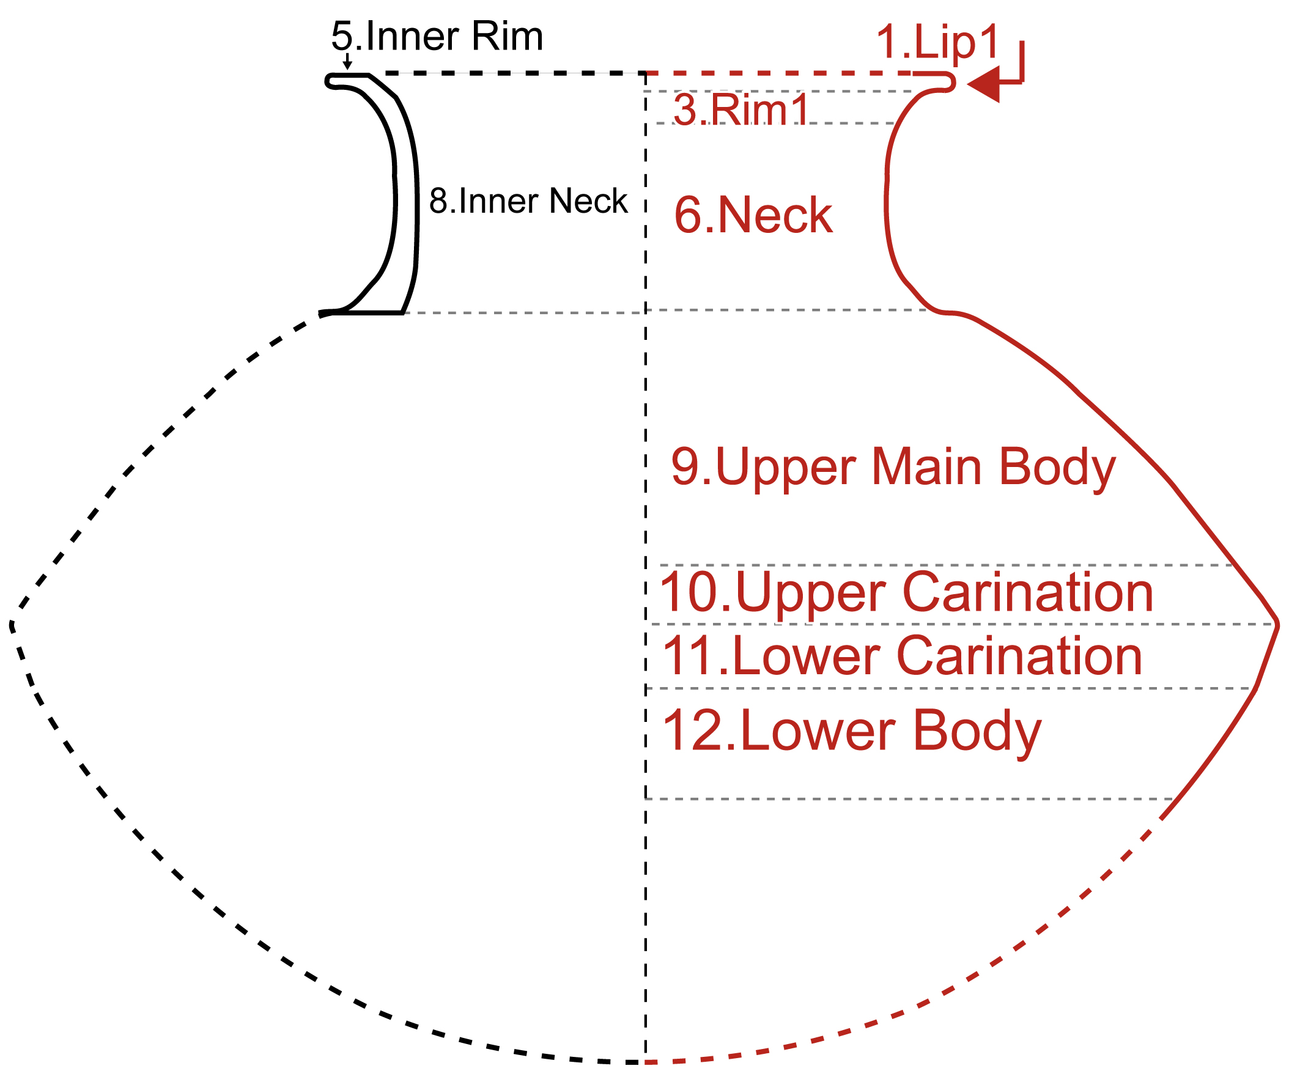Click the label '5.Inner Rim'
437,36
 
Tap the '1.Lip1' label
937,42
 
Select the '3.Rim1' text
741,110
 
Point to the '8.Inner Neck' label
528,200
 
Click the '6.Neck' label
753,215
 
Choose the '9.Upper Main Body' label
893,467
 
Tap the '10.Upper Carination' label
907,592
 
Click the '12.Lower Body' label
852,731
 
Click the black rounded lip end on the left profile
328,81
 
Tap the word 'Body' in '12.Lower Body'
977,731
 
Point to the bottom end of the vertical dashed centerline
646,1060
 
